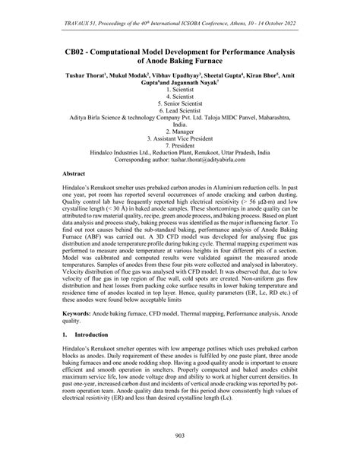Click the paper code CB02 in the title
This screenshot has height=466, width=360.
(x=77, y=58)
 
